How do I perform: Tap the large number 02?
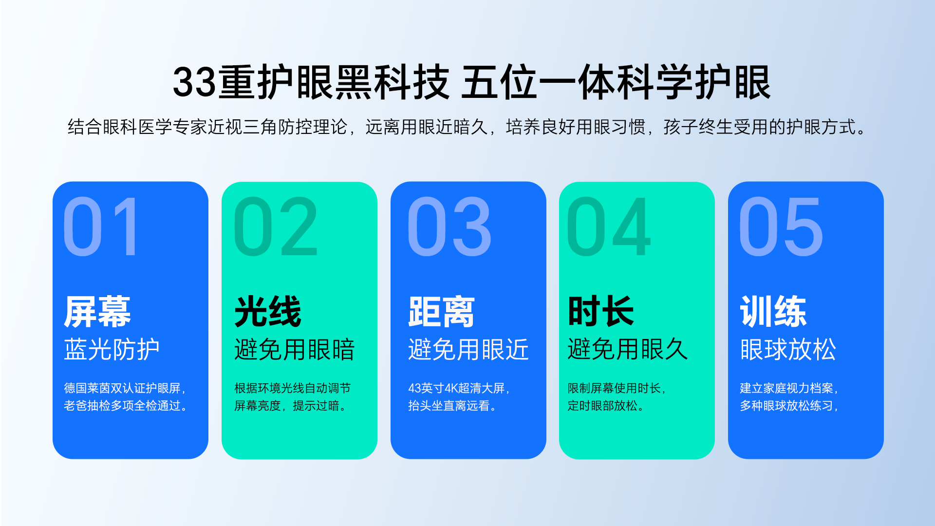click(x=276, y=226)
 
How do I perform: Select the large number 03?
click(x=449, y=226)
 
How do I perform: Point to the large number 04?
click(x=609, y=226)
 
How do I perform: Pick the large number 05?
click(x=781, y=226)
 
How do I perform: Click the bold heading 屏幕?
click(x=97, y=312)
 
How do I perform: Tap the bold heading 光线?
click(x=268, y=312)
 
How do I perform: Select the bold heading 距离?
click(x=441, y=312)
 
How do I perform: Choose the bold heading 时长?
click(x=601, y=312)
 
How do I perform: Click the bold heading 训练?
click(x=773, y=312)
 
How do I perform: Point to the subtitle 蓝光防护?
click(x=112, y=349)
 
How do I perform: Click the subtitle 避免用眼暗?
click(x=295, y=349)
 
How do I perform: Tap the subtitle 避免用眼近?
click(x=468, y=349)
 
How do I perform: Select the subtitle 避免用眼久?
click(x=628, y=349)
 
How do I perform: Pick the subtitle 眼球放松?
click(x=788, y=349)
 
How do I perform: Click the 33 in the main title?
click(x=194, y=82)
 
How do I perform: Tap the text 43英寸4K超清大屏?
click(x=456, y=388)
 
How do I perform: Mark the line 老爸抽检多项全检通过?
click(x=122, y=406)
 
